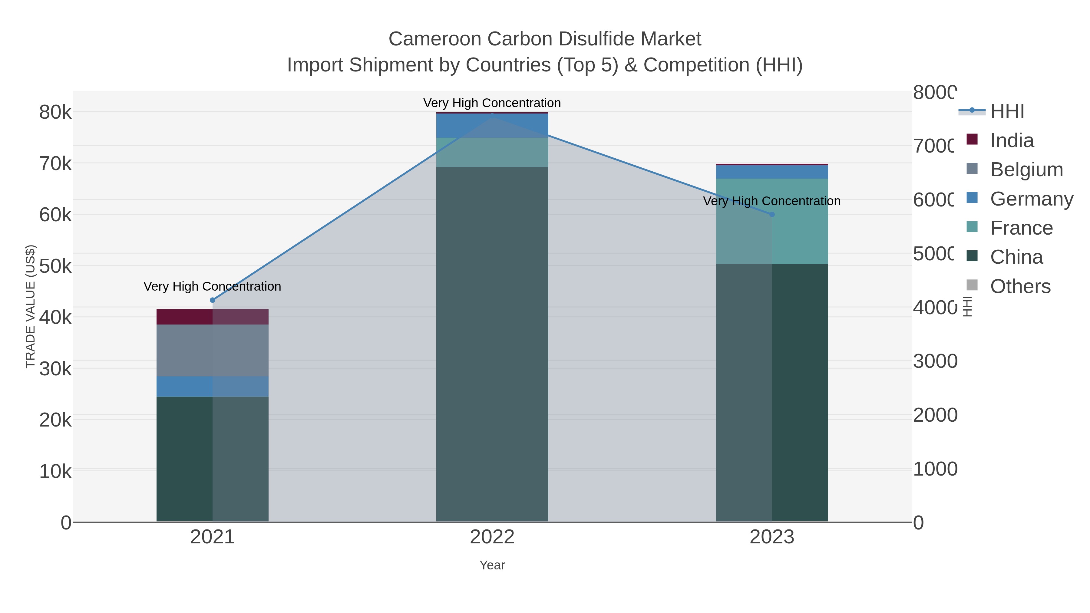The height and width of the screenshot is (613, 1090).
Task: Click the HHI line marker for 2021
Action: (x=213, y=300)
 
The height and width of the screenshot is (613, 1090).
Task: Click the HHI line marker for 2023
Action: (x=771, y=215)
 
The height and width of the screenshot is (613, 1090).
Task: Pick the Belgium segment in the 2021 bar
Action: (x=213, y=350)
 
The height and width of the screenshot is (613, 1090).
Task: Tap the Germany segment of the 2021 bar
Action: (x=213, y=386)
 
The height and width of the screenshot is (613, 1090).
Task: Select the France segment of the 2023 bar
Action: (x=771, y=221)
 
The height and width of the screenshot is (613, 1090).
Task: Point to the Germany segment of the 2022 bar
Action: (x=492, y=126)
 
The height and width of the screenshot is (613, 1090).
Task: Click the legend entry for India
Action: (x=1011, y=140)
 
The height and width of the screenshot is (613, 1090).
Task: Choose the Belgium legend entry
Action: (x=1026, y=170)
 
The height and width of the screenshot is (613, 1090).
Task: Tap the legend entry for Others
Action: (x=1020, y=286)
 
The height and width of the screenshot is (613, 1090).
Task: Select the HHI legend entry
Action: (x=1007, y=111)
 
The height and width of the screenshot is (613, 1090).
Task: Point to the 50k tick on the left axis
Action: (x=55, y=266)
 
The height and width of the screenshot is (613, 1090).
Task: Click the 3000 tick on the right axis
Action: (x=935, y=361)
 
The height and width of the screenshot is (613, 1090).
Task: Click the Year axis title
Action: (x=492, y=565)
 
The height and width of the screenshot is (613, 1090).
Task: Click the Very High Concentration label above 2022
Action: (x=492, y=103)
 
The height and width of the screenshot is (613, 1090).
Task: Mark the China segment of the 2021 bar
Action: (x=213, y=459)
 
